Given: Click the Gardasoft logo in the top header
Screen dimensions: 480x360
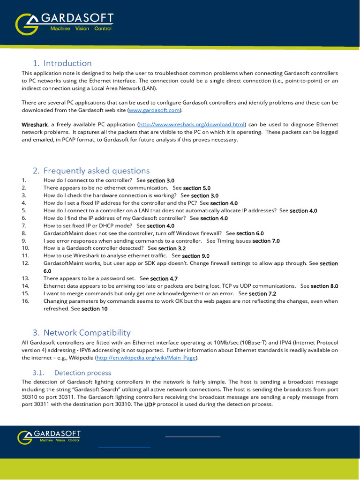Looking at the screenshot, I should tap(64, 24).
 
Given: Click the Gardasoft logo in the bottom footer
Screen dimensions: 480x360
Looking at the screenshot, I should tap(49, 437).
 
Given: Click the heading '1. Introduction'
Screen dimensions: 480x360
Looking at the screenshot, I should tap(62, 63).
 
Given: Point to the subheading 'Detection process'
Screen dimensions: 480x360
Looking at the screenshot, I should tap(82, 373).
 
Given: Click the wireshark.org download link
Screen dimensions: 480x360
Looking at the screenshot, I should tap(192, 125).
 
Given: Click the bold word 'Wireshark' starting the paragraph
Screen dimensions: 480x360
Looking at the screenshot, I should tap(35, 125).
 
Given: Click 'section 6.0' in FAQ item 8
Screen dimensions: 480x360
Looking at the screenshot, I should tap(250, 233).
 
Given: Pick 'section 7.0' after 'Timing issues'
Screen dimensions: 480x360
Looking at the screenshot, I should tap(266, 241).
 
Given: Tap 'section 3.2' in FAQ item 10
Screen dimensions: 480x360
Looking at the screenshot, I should tap(172, 248).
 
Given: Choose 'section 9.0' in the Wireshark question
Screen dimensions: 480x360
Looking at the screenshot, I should tap(195, 256).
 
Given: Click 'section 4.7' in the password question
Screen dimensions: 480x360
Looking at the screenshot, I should tap(164, 278).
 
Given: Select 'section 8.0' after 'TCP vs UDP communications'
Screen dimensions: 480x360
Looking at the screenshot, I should tap(324, 286).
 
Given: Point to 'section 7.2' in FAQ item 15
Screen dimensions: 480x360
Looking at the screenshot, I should tap(262, 294).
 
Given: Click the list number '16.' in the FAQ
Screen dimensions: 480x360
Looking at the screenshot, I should tap(26, 301).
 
